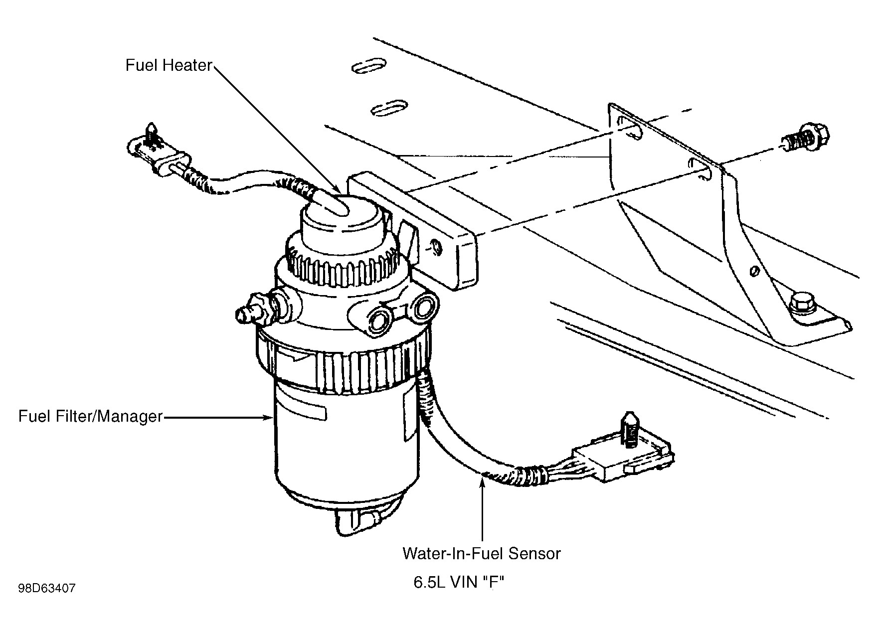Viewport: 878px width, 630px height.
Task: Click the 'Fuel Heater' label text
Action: click(x=169, y=65)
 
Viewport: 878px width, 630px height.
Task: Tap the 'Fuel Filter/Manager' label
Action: click(x=91, y=416)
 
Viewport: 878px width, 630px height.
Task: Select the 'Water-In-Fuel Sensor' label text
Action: click(x=482, y=553)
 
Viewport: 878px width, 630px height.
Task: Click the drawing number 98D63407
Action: click(x=47, y=589)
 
